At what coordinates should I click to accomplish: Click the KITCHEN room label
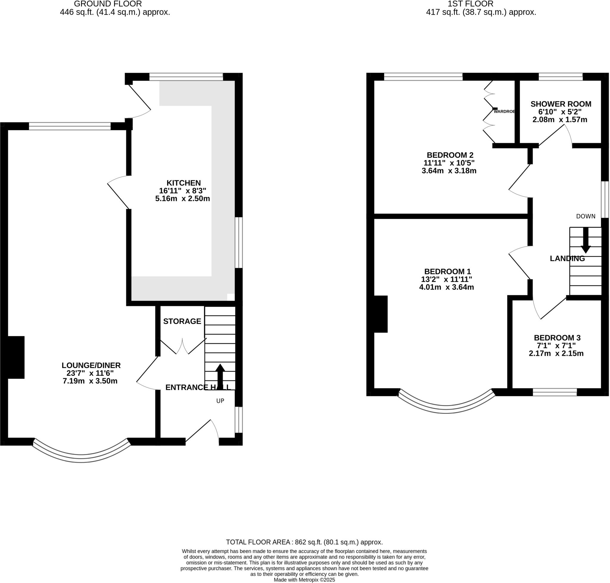[x=183, y=183]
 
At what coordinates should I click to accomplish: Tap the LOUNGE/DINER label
[x=91, y=365]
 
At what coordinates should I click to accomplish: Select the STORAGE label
[x=182, y=321]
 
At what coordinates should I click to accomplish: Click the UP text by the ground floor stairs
[x=220, y=401]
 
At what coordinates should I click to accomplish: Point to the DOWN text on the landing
[x=586, y=216]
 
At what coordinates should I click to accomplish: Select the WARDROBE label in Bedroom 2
[x=504, y=111]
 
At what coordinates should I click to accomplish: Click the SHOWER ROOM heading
[x=561, y=104]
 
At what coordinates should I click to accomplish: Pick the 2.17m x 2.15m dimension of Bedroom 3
[x=556, y=353]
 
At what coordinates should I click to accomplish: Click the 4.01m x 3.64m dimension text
[x=446, y=287]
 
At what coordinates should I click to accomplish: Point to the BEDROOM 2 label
[x=449, y=155]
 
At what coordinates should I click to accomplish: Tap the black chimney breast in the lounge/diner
[x=15, y=357]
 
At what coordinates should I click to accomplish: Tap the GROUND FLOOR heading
[x=108, y=4]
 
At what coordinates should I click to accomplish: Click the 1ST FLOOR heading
[x=470, y=4]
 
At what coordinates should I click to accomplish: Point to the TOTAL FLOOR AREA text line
[x=304, y=542]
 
